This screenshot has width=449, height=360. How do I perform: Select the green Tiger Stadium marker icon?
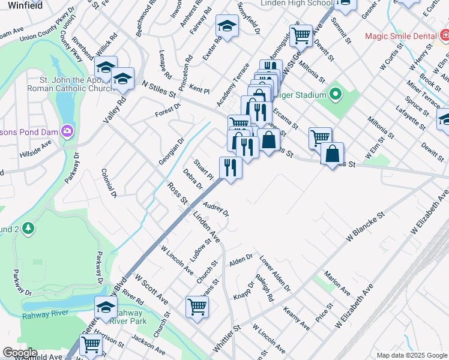334,95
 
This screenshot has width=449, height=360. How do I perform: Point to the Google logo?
20,352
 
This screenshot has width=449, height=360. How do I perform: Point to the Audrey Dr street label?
216,209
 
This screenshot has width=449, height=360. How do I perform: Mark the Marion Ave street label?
337,283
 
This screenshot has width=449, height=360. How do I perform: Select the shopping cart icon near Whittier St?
197,306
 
